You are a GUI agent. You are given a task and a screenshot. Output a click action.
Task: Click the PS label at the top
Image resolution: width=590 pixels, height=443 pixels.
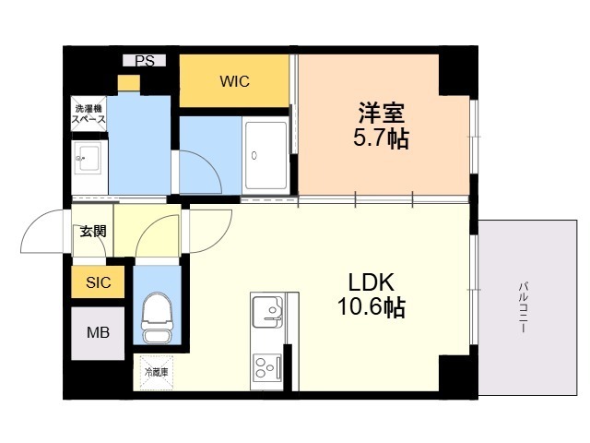click(x=145, y=61)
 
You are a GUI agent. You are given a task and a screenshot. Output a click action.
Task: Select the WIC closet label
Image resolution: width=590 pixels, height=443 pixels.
click(x=235, y=80)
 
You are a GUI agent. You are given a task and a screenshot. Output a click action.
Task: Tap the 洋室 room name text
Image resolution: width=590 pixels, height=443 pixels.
click(x=383, y=114)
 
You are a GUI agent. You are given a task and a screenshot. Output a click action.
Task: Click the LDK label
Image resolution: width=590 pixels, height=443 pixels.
click(x=372, y=281)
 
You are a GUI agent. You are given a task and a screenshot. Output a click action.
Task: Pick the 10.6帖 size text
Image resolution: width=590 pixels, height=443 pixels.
click(x=372, y=307)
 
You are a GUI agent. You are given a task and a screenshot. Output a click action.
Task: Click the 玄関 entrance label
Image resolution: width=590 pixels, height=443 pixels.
click(x=92, y=231)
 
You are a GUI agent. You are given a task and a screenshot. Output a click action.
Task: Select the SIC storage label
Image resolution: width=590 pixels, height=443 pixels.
click(x=99, y=282)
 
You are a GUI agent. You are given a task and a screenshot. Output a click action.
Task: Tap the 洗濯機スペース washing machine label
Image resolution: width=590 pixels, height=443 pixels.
click(x=89, y=114)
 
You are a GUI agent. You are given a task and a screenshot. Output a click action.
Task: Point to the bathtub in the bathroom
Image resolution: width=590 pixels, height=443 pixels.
click(x=266, y=156)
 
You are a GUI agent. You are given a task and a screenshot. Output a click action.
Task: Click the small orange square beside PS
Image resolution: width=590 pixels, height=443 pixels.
click(x=129, y=83)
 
